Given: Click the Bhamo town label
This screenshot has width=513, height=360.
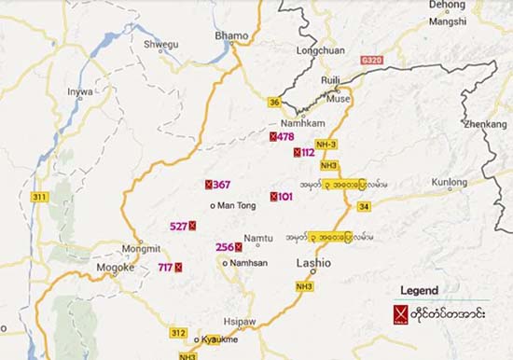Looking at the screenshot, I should point(232,35).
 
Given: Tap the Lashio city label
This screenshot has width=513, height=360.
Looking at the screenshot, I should point(314,264).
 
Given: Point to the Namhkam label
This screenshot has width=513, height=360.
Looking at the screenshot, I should point(300,123).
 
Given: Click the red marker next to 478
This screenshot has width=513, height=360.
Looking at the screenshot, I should point(272,137).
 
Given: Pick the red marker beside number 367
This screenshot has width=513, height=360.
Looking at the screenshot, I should point(209,185).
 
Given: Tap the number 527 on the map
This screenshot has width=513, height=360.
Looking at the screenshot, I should point(177,226).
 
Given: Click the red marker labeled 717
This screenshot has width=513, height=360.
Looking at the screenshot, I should point(178,268).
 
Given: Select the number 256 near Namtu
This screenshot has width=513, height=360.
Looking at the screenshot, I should point(224,247).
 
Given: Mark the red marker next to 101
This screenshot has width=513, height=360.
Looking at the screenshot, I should point(273,197).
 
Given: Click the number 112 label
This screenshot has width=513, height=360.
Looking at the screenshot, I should point(309,152).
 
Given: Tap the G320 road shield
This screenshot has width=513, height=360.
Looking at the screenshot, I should point(371,60).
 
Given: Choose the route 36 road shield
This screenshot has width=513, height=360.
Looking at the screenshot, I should point(274,103).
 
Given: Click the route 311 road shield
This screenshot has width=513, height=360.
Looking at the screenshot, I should point(39,197).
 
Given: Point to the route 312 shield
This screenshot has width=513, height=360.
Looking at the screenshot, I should point(179,332).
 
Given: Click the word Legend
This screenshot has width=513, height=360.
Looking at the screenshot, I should point(419,291).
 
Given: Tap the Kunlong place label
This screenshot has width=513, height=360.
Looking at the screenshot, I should point(449,182).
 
